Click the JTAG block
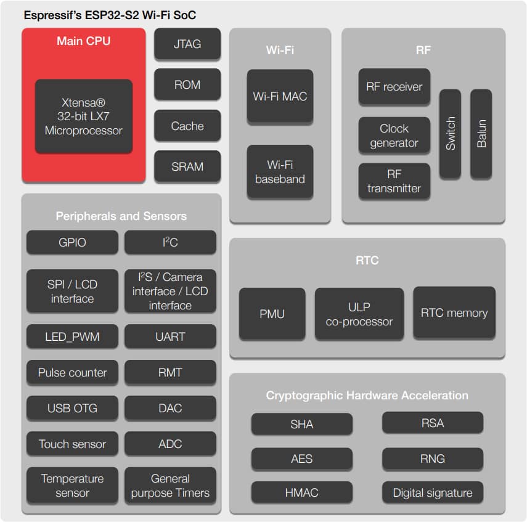187,44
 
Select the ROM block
187,85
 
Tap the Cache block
187,126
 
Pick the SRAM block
187,166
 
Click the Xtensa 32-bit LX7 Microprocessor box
84,116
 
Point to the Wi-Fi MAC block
280,96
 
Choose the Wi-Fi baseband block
280,172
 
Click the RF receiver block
394,87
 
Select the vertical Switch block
450,133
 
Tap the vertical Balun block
481,133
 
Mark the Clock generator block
394,136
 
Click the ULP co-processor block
359,313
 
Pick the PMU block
272,314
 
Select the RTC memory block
454,312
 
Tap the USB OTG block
72,408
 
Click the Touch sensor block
72,444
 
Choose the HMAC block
301,492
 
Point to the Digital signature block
432,492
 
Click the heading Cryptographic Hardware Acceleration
367,396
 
